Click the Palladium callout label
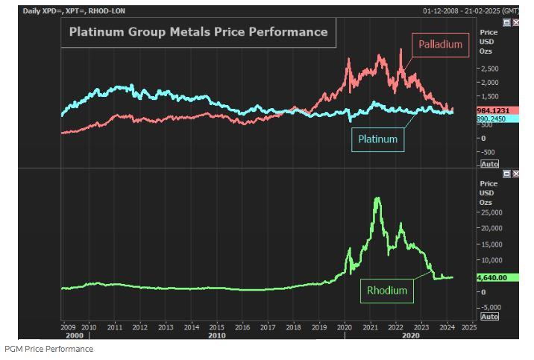[x=440, y=45]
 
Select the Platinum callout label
[x=377, y=139]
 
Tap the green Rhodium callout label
[x=386, y=291]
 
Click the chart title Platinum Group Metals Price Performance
[x=198, y=32]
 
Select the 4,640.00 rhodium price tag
[x=491, y=277]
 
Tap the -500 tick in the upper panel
[x=488, y=151]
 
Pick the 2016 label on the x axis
[x=242, y=326]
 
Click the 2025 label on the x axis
[x=468, y=326]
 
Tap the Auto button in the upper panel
[x=489, y=163]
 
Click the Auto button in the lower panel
[x=489, y=316]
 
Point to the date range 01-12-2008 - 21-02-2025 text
[x=470, y=11]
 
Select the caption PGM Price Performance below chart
[x=49, y=349]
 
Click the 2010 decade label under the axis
[x=217, y=335]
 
